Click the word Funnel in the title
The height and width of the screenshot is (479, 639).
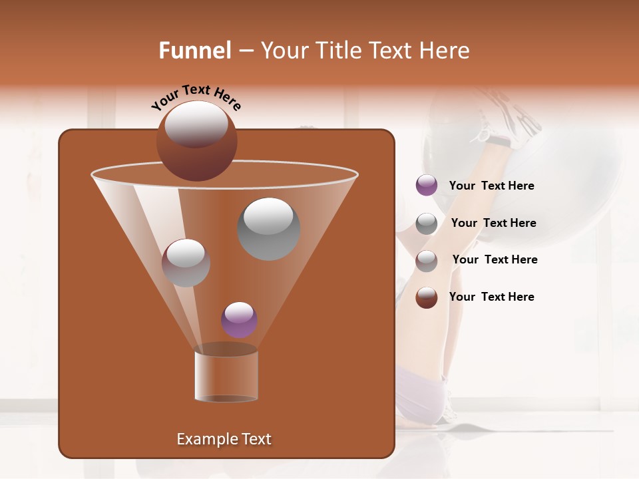coord(194,51)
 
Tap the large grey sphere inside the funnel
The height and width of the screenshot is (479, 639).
coord(269,228)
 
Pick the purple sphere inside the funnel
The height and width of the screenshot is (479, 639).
coord(239,319)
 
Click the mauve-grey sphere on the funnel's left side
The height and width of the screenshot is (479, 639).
coord(186,262)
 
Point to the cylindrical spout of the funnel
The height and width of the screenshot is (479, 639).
coord(226,376)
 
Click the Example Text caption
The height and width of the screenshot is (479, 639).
coord(224,439)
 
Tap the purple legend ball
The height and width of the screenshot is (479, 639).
coord(427,186)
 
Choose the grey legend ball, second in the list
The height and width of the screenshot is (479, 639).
coord(427,224)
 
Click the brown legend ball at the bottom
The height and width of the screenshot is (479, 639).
coord(427,297)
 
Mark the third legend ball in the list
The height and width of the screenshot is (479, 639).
coord(427,260)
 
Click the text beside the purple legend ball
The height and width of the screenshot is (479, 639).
coord(491,186)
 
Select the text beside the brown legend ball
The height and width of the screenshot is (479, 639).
coord(491,297)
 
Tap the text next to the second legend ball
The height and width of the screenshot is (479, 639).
coord(493,223)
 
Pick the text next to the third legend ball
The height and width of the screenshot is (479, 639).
coord(495,259)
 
